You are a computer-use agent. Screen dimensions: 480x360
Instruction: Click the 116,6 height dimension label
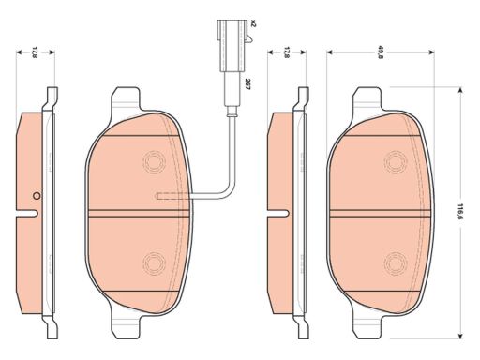tap(460, 213)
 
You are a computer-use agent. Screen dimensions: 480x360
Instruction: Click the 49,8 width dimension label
tap(381, 52)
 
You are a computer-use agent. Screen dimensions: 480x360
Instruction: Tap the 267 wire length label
tap(247, 84)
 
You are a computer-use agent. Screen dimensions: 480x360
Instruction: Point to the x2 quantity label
tap(253, 23)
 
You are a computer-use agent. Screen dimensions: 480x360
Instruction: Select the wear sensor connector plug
tap(232, 46)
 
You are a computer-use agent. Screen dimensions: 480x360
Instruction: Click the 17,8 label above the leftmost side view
tap(35, 52)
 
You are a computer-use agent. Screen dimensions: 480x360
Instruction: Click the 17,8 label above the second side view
tap(286, 52)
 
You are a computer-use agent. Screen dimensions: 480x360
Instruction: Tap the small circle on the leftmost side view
tap(37, 196)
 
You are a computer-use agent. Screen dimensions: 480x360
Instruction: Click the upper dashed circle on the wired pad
tap(154, 162)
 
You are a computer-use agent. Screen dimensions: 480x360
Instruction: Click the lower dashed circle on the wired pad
tap(154, 263)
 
